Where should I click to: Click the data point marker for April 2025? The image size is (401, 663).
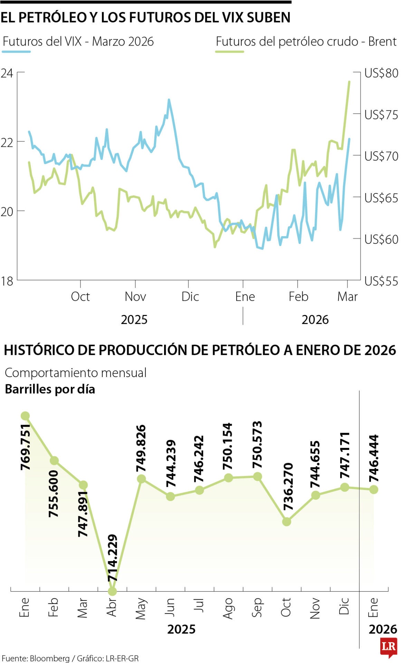(113, 591)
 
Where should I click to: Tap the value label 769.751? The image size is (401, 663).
(25, 447)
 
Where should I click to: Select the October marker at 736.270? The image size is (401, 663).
(286, 521)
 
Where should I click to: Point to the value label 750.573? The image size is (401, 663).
(257, 445)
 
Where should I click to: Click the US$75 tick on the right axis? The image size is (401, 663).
(381, 115)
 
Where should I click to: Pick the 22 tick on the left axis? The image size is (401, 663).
(7, 142)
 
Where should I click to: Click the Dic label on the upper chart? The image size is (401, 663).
(190, 296)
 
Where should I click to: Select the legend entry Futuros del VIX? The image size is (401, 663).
(78, 42)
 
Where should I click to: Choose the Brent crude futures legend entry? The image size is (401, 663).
(306, 42)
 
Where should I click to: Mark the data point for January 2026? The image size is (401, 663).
(374, 489)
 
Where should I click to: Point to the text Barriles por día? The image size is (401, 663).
(50, 389)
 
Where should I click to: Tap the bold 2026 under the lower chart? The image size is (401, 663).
(383, 629)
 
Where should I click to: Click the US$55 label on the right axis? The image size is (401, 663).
(381, 281)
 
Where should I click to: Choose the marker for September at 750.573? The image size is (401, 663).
(257, 477)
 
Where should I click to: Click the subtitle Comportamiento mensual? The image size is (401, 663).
(76, 373)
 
